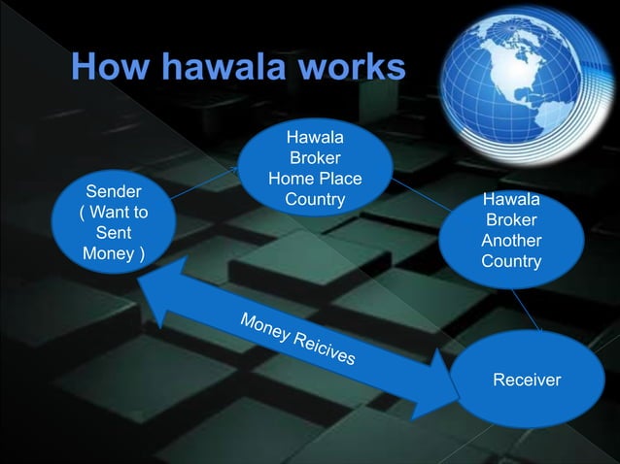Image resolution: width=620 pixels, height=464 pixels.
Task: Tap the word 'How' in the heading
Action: [104, 68]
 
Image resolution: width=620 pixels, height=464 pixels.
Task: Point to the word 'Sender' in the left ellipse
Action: [114, 190]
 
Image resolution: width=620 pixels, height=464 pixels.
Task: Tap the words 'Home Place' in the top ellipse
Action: [315, 179]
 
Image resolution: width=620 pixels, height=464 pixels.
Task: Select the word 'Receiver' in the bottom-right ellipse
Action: [527, 380]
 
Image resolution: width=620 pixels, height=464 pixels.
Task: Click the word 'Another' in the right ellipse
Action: [511, 241]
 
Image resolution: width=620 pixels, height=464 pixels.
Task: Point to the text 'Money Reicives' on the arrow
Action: [297, 341]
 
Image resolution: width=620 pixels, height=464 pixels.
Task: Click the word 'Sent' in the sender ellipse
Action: [114, 233]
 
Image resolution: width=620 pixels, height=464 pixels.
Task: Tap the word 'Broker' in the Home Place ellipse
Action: [315, 157]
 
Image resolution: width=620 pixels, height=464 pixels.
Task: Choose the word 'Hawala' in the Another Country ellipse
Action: [511, 200]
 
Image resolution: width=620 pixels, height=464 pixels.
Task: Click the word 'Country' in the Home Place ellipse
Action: [315, 200]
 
